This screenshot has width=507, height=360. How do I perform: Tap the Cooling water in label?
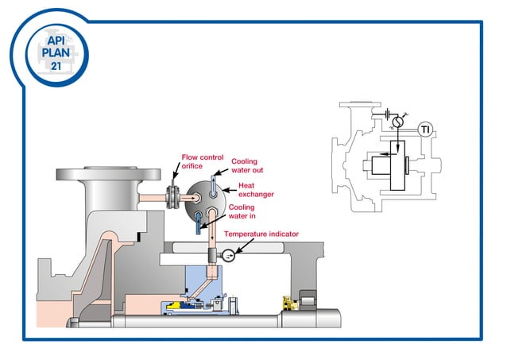pos(242,211)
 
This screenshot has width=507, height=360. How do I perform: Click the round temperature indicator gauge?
pos(227,255)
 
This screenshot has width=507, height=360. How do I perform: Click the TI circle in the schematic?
pos(425,130)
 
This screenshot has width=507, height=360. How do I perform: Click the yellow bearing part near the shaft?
pos(286,303)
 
